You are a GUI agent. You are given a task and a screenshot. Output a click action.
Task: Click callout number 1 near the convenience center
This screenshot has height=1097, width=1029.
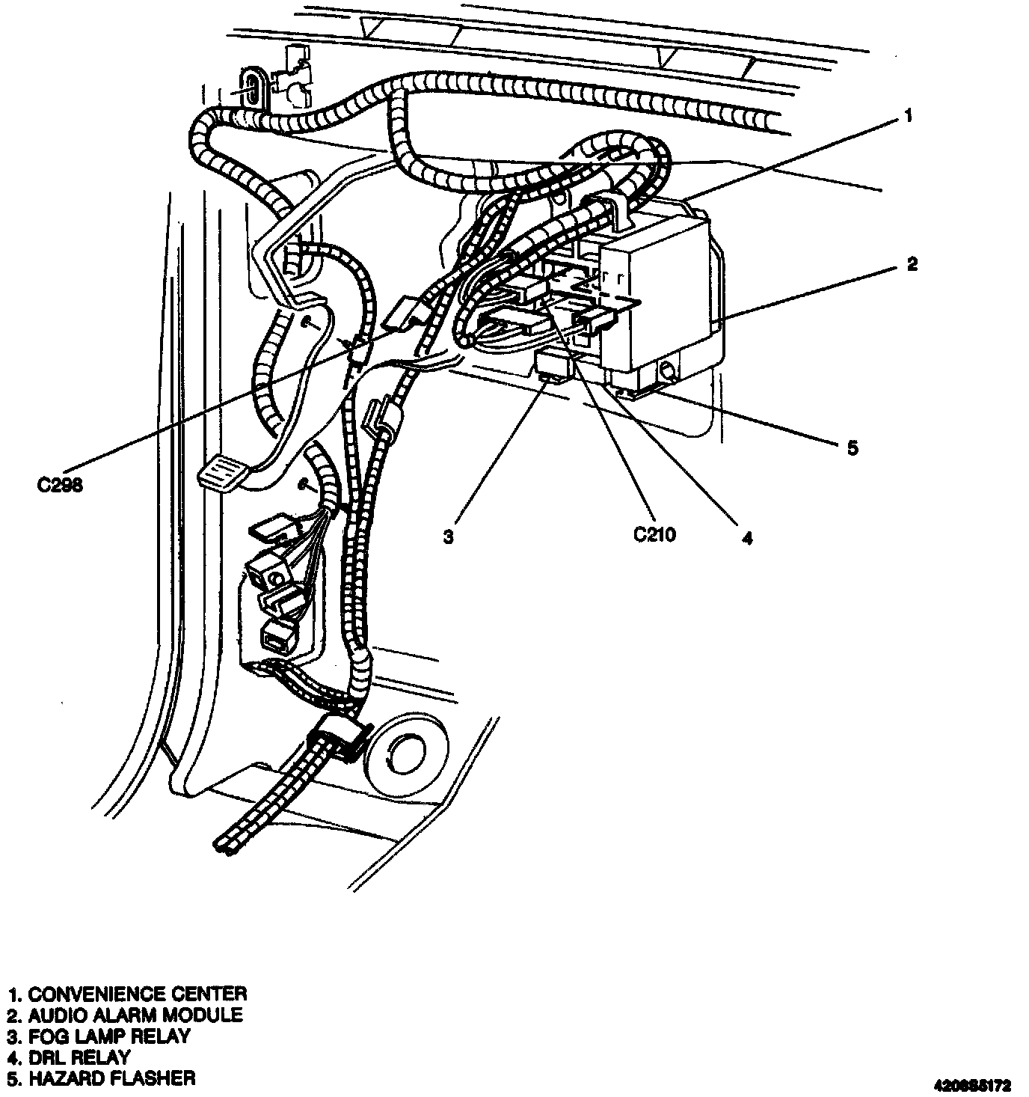[908, 116]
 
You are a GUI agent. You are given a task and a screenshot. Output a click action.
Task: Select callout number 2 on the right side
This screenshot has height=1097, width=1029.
[912, 263]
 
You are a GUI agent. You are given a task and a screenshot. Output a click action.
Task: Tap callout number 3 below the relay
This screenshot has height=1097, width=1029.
[447, 537]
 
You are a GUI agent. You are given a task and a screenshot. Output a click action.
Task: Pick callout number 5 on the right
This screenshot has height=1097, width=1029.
[852, 447]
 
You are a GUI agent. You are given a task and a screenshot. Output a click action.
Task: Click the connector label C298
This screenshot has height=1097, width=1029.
[60, 485]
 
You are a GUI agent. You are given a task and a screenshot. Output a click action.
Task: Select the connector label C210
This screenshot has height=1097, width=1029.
[654, 534]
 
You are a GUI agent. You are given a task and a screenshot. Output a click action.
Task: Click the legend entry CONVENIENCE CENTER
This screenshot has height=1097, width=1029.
[127, 994]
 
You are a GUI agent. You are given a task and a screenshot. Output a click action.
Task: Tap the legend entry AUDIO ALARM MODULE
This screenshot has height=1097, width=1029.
[125, 1015]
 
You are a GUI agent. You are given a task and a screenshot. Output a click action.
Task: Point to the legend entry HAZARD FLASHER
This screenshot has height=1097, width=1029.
[102, 1078]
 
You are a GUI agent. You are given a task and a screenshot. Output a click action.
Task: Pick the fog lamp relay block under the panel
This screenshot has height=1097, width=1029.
[554, 366]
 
